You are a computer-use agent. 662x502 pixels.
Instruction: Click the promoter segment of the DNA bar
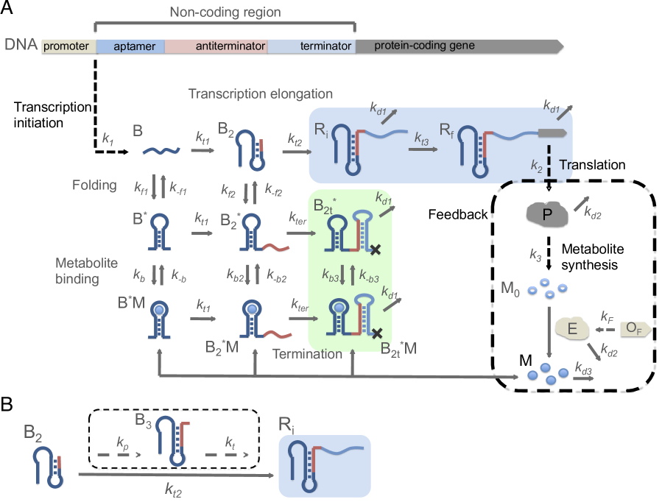(x=68, y=46)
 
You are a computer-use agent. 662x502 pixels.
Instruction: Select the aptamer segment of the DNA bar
(x=130, y=46)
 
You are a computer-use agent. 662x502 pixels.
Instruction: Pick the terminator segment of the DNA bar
(x=311, y=46)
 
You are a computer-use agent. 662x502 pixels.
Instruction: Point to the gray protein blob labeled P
(x=547, y=214)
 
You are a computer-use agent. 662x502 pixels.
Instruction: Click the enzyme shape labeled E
(x=572, y=328)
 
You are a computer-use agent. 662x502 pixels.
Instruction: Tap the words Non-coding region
(x=225, y=12)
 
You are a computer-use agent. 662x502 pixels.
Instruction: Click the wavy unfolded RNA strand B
(x=161, y=151)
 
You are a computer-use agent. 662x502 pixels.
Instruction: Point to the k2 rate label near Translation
(x=537, y=166)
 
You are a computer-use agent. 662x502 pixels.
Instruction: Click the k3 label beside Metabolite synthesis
(x=536, y=255)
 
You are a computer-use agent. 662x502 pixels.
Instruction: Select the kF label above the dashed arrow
(x=607, y=317)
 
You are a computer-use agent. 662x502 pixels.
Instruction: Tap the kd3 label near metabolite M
(x=583, y=368)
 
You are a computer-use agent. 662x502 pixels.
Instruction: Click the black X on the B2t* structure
(x=376, y=250)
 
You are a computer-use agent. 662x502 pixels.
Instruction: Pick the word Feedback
(x=458, y=214)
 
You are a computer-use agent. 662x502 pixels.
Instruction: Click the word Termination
(x=307, y=353)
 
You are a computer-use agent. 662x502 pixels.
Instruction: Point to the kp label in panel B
(x=122, y=443)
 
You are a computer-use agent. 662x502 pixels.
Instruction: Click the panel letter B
(x=7, y=404)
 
